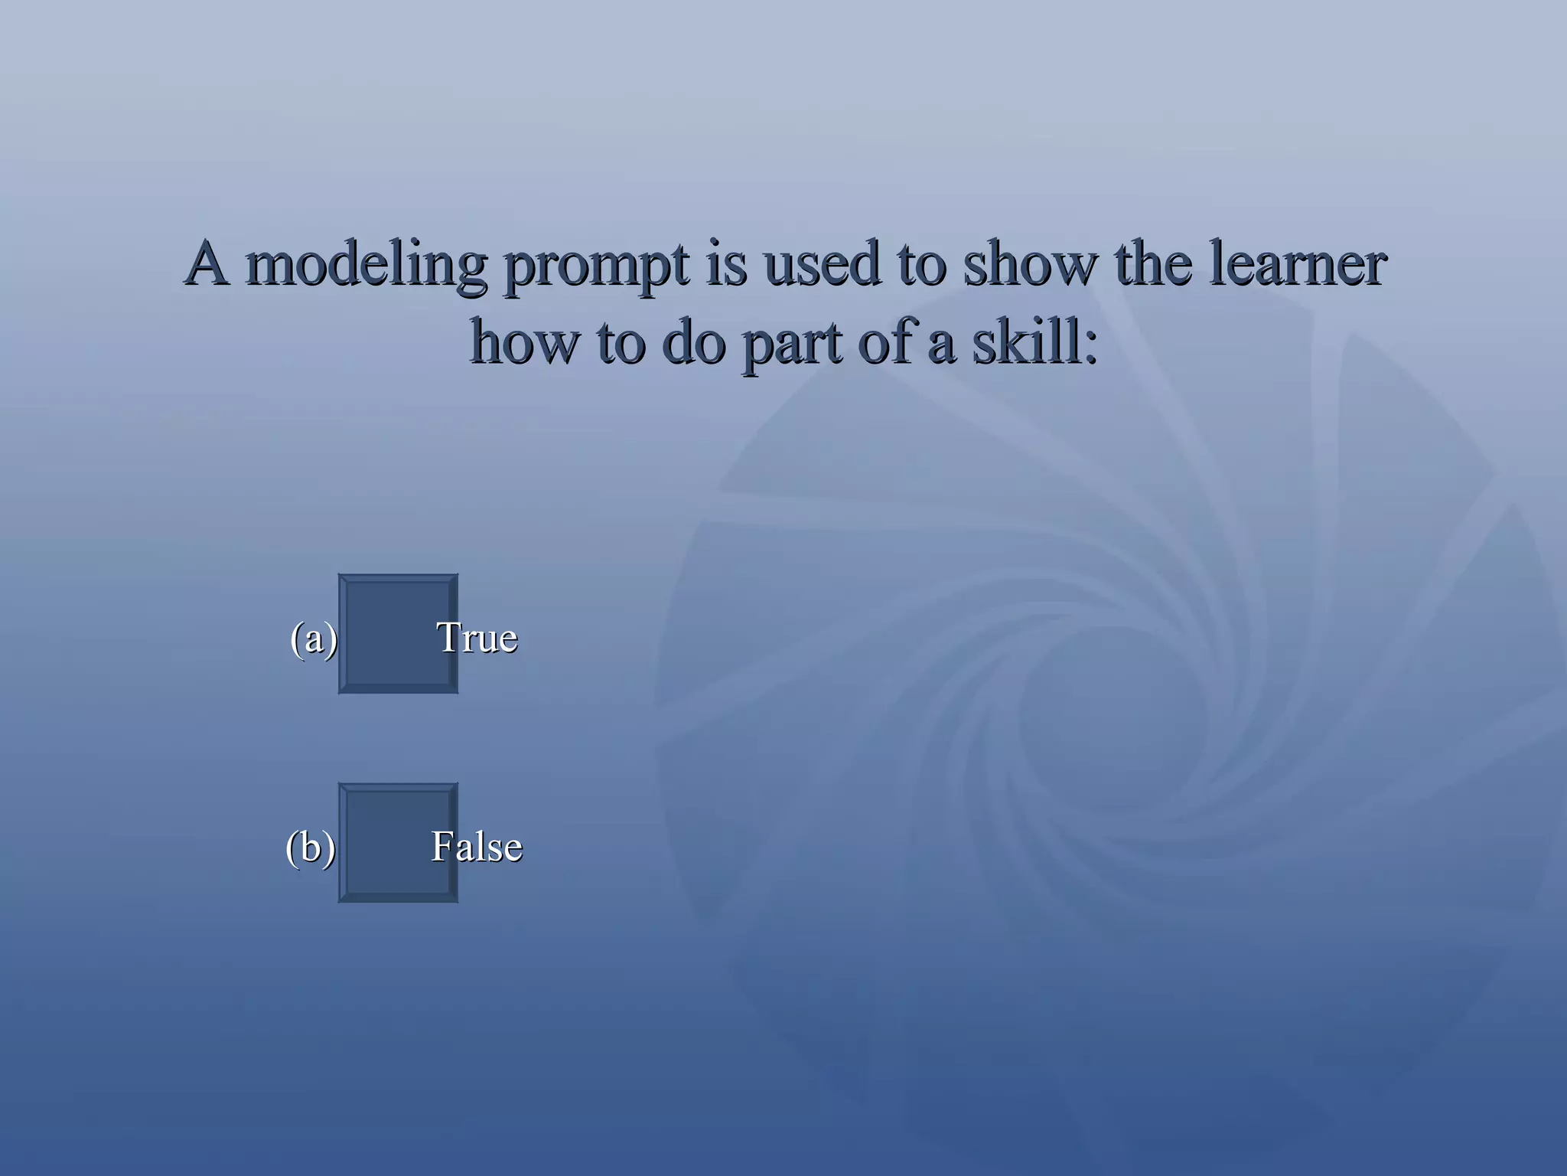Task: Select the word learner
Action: pos(1298,264)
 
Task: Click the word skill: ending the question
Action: pos(1034,342)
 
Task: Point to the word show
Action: pos(1030,264)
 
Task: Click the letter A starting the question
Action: pos(207,263)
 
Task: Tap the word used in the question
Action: pos(822,264)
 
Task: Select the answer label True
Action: pos(477,638)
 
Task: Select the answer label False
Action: pos(477,847)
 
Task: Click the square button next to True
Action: pos(398,634)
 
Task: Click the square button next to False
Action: pos(398,843)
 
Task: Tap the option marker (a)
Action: pos(314,639)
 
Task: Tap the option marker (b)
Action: pos(311,848)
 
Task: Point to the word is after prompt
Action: pos(726,264)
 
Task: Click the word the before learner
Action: pos(1153,264)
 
